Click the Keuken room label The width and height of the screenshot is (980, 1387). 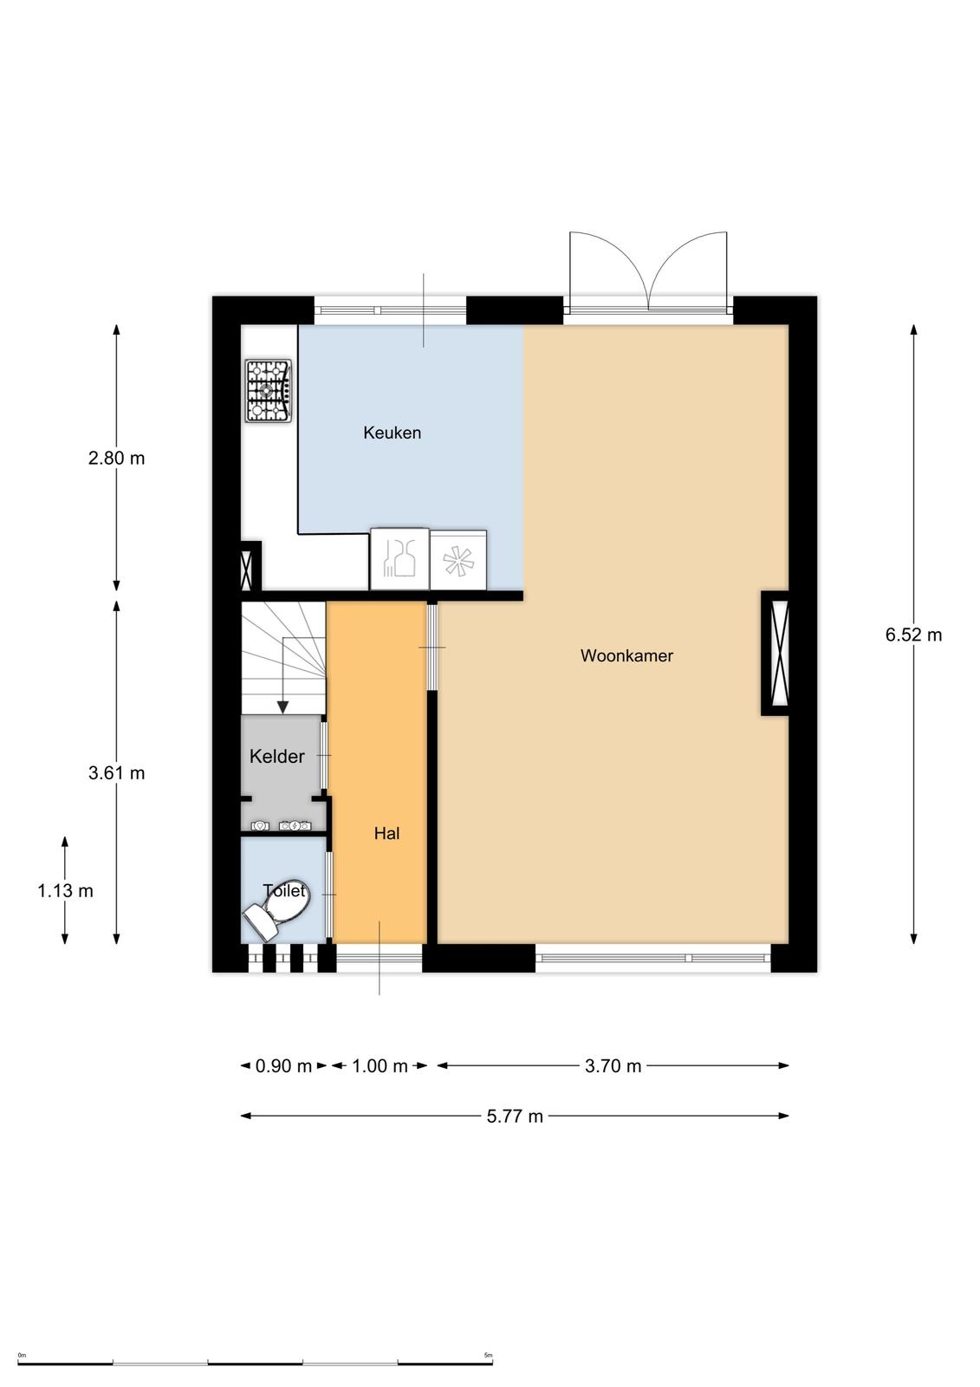[392, 433]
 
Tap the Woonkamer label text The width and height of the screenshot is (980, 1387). [626, 656]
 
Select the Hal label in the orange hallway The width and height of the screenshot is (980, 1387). [386, 834]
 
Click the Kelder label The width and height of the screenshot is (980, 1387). [277, 757]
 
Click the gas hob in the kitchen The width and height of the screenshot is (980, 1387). [268, 391]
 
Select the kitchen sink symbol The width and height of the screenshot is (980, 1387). [399, 559]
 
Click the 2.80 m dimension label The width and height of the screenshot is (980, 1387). [116, 459]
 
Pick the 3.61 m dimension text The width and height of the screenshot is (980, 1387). [116, 773]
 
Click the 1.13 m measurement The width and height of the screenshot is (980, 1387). [65, 891]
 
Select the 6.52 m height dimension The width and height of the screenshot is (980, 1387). [913, 635]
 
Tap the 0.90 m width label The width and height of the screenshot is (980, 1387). [283, 1066]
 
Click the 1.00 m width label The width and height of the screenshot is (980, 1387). [380, 1066]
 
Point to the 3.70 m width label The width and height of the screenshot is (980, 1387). [613, 1066]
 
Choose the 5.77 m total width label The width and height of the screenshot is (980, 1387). [515, 1117]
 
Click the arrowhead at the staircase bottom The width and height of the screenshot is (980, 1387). [282, 707]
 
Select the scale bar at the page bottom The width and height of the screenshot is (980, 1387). [255, 1363]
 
